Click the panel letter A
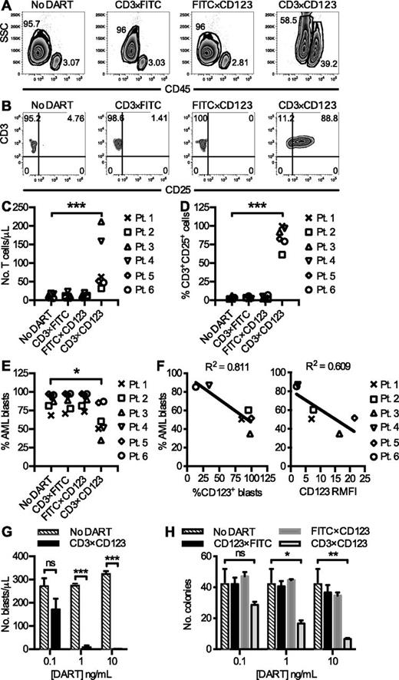pyautogui.click(x=7, y=6)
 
